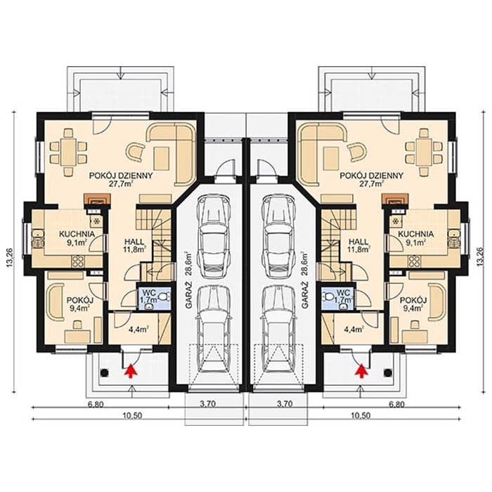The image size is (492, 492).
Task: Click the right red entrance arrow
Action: (362, 370)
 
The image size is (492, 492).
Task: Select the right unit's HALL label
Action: (358, 242)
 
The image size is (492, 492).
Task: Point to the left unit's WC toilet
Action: (164, 296)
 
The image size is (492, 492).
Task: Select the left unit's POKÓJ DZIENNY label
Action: (121, 176)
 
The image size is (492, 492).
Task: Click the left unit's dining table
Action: (68, 153)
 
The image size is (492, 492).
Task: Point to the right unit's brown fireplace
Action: (395, 199)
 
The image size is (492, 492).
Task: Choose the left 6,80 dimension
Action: (96, 404)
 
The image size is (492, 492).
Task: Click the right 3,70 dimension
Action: (284, 404)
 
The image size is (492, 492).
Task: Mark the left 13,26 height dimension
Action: (10, 258)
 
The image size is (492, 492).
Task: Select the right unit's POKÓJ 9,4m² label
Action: (413, 304)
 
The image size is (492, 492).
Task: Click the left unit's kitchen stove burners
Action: (77, 261)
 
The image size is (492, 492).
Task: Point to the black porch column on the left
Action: (104, 373)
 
